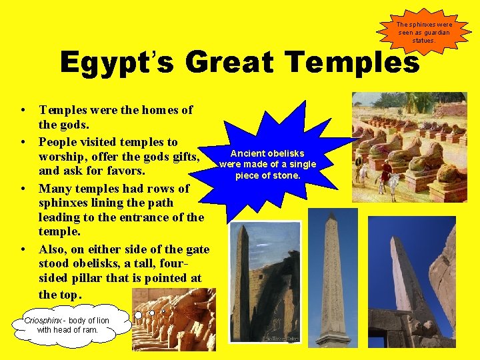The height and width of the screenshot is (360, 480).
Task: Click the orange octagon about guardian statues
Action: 424,32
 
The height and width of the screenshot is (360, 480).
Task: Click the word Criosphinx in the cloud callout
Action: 45,321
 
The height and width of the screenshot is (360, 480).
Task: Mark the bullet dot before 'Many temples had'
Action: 23,189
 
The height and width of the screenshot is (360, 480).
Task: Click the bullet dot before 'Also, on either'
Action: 23,249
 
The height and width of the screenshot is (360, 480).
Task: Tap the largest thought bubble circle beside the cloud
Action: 138,315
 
